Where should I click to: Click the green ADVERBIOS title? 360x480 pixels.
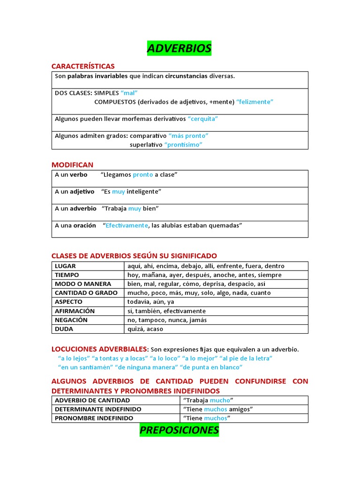(x=179, y=48)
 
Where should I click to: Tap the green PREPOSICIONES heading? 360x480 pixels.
(x=179, y=430)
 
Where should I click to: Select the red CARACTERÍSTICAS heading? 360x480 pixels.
(x=83, y=66)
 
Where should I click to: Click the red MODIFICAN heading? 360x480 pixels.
(x=72, y=165)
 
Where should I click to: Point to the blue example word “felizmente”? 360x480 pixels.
(x=255, y=102)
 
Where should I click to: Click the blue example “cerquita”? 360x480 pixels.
(x=202, y=119)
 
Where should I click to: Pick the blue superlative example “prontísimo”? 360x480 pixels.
(x=183, y=144)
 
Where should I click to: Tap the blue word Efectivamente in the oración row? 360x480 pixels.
(x=126, y=225)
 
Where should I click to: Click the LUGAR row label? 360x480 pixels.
(x=65, y=266)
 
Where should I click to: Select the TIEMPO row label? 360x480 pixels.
(x=67, y=275)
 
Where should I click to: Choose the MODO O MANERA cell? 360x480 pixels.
(x=83, y=284)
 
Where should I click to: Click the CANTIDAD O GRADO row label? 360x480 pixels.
(x=86, y=292)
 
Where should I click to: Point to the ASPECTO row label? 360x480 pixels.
(x=68, y=302)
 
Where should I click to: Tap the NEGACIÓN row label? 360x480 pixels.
(x=71, y=320)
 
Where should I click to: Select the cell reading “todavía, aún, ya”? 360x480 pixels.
(x=150, y=302)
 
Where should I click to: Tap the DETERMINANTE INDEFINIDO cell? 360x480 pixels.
(x=98, y=409)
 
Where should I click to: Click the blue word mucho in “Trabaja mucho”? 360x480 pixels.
(x=219, y=400)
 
